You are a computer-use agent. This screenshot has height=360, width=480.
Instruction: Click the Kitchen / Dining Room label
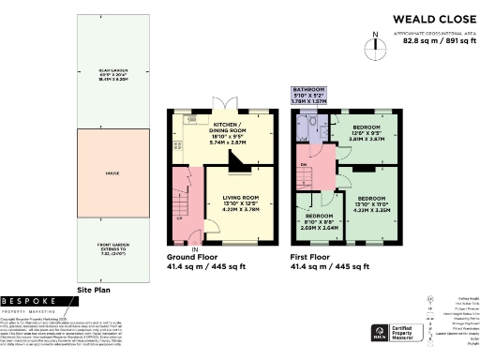point(229,132)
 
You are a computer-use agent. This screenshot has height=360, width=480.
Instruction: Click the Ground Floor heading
point(193,256)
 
